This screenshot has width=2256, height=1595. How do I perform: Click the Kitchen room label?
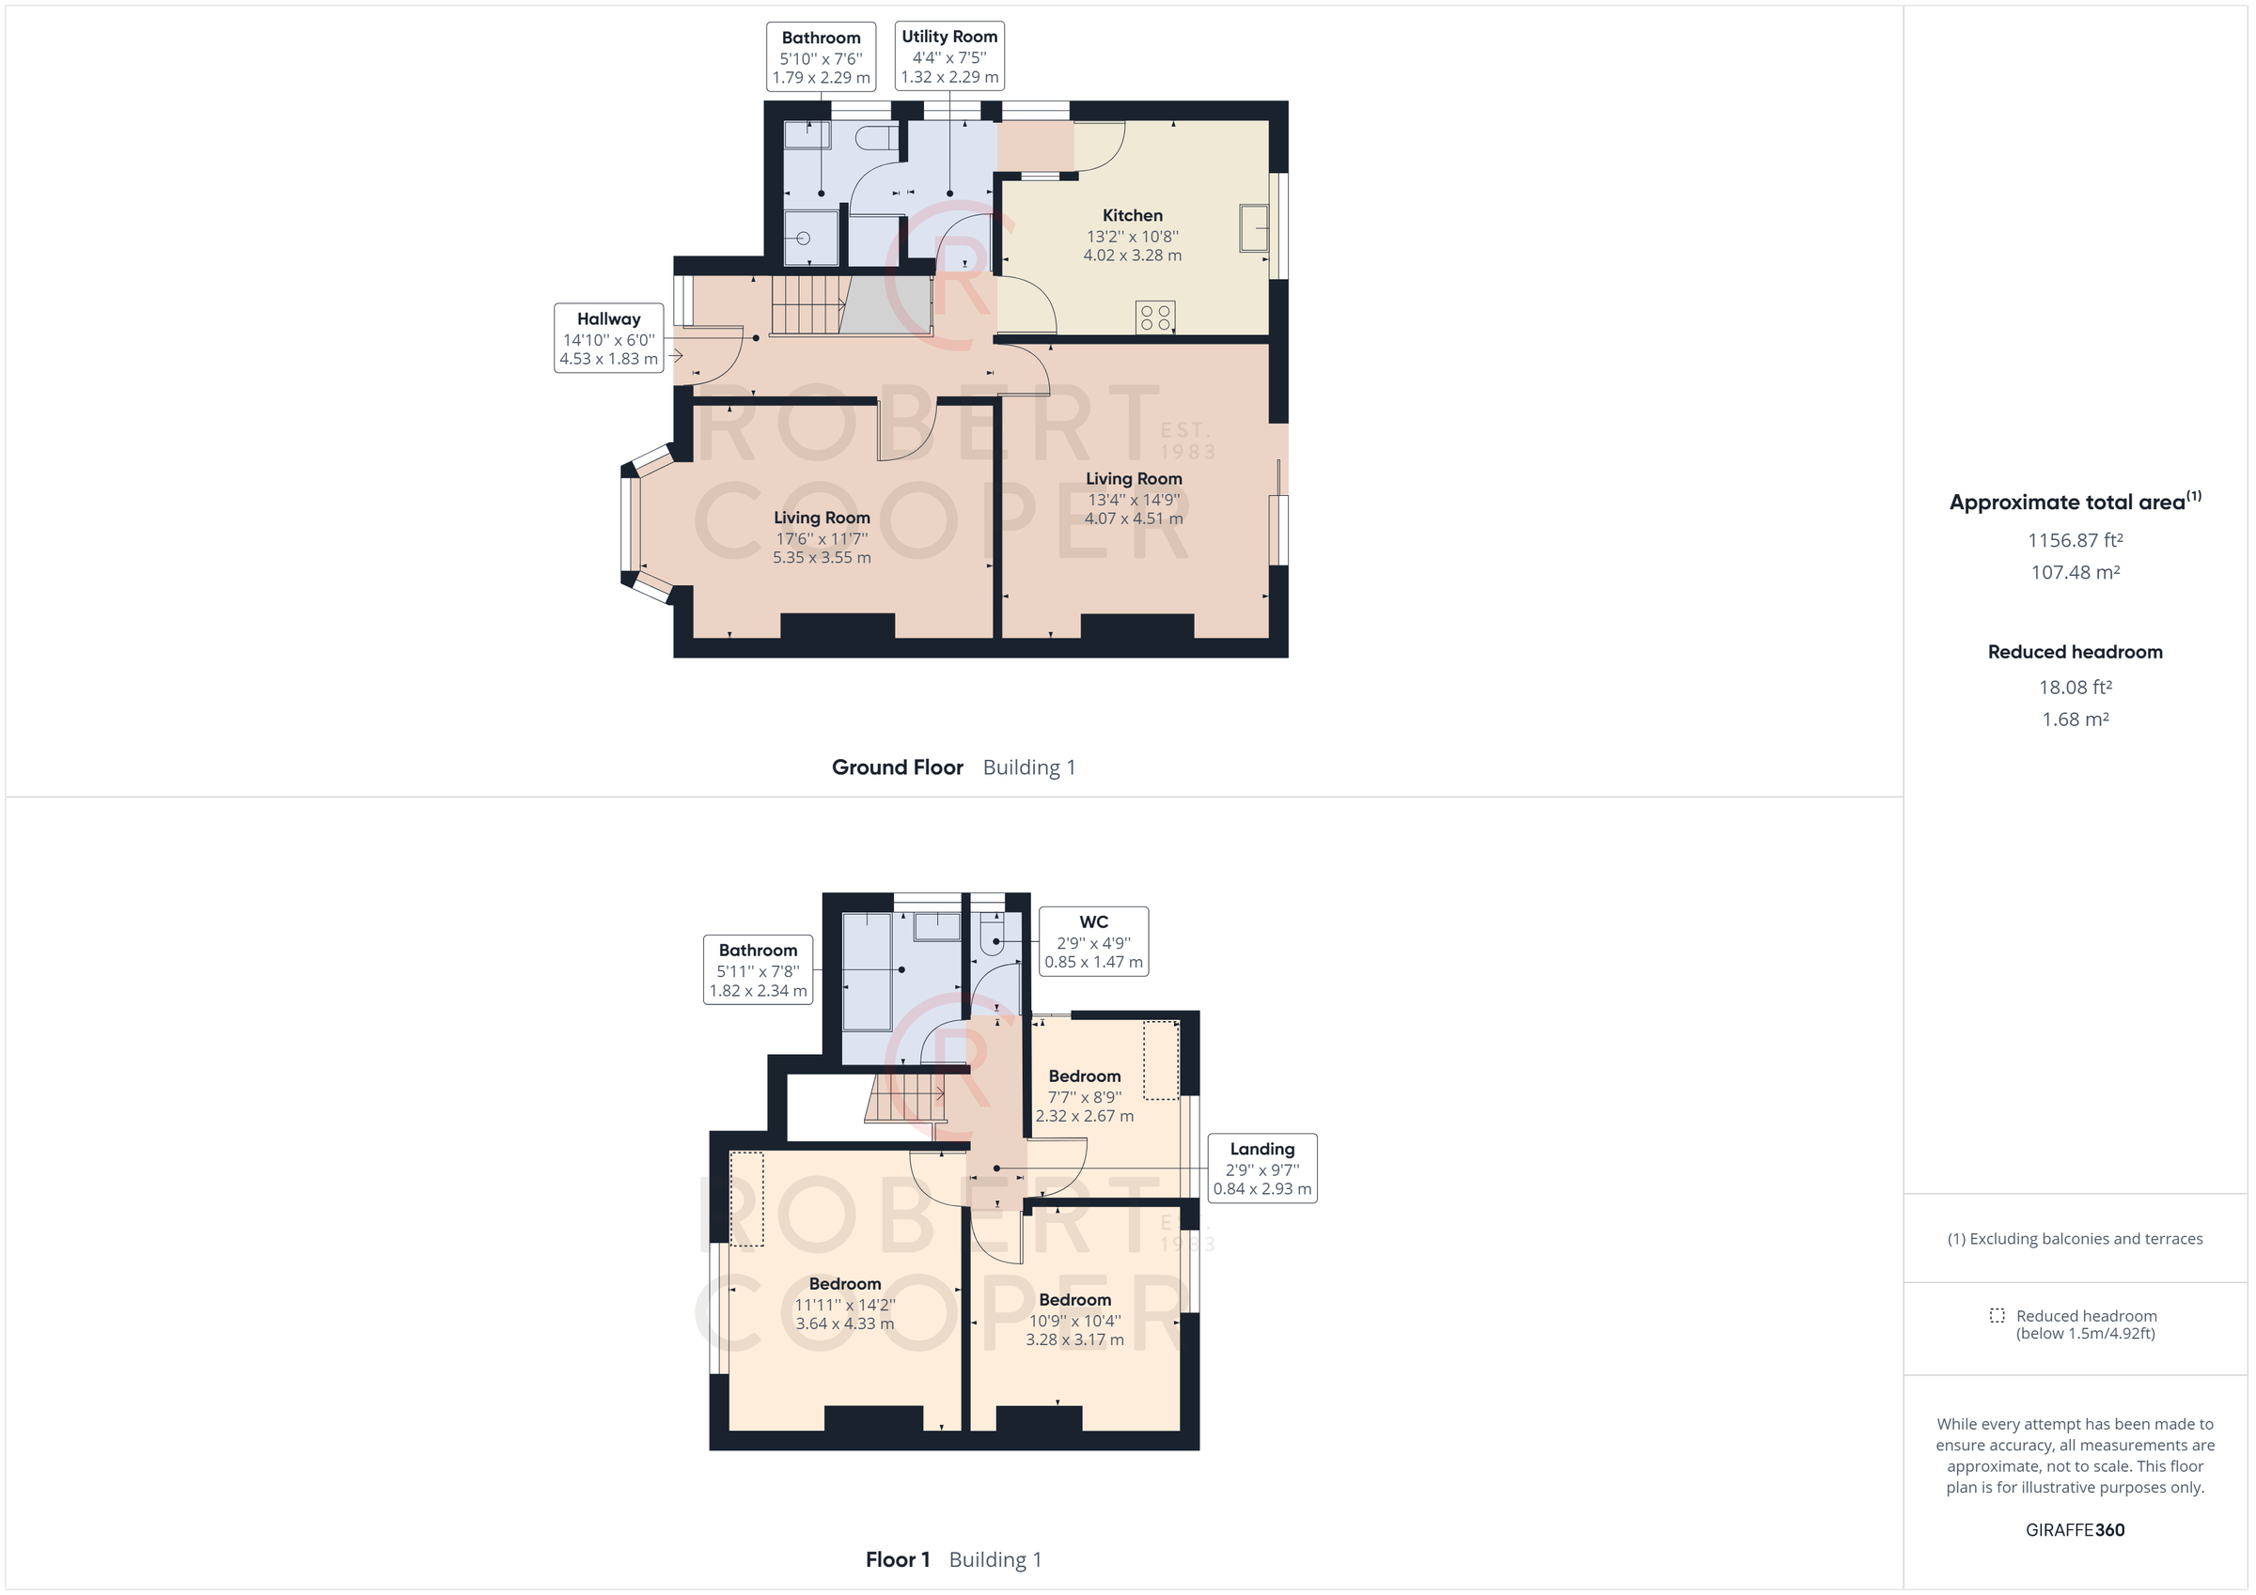click(x=1132, y=215)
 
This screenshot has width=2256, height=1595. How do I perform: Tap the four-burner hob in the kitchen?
click(x=1154, y=317)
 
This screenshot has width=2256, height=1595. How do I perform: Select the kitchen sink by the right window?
click(x=1253, y=228)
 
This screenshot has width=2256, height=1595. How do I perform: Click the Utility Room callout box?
click(x=949, y=56)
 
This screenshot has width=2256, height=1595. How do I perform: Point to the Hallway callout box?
click(x=608, y=338)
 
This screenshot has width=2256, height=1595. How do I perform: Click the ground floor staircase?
click(x=807, y=305)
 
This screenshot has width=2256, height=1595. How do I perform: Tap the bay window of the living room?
click(x=631, y=523)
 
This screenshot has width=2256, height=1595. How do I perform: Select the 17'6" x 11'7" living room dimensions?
click(x=822, y=538)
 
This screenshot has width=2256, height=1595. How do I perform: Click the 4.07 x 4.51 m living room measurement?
click(x=1133, y=519)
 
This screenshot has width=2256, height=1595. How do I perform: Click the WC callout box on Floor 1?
click(x=1093, y=941)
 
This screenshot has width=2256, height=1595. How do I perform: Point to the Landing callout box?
click(x=1261, y=1168)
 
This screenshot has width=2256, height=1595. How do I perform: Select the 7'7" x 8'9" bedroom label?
click(x=1084, y=1097)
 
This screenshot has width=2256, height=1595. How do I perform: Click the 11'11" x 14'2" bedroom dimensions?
click(x=844, y=1305)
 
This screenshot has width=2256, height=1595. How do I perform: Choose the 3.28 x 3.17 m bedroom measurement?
click(x=1074, y=1339)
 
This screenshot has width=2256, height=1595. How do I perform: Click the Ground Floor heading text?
click(x=897, y=767)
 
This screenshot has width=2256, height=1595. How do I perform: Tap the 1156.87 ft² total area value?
click(x=2075, y=540)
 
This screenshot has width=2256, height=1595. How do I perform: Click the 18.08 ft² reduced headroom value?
click(x=2075, y=688)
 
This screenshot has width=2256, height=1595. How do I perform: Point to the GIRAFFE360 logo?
click(x=2075, y=1529)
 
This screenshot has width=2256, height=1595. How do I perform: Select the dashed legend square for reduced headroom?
click(x=1997, y=1315)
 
